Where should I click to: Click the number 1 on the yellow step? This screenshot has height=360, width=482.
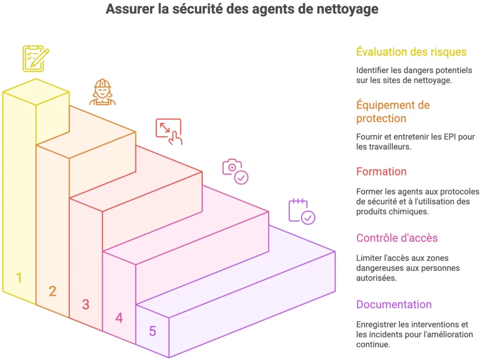(x=19, y=278)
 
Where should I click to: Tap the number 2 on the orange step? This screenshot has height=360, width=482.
(x=52, y=291)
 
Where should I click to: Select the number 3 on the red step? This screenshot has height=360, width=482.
(x=85, y=304)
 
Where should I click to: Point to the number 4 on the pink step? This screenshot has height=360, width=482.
(x=119, y=318)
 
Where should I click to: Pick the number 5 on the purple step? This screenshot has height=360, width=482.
(x=152, y=331)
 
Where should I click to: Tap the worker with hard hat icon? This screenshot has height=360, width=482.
(x=102, y=92)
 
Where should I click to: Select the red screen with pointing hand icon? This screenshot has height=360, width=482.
(x=169, y=131)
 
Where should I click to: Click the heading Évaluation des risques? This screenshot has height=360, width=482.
(x=411, y=52)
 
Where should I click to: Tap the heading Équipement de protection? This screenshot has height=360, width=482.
(x=393, y=112)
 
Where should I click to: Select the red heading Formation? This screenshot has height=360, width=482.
(x=381, y=171)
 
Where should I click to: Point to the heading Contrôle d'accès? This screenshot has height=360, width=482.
(x=397, y=238)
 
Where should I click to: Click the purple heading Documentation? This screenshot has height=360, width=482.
(x=394, y=304)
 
